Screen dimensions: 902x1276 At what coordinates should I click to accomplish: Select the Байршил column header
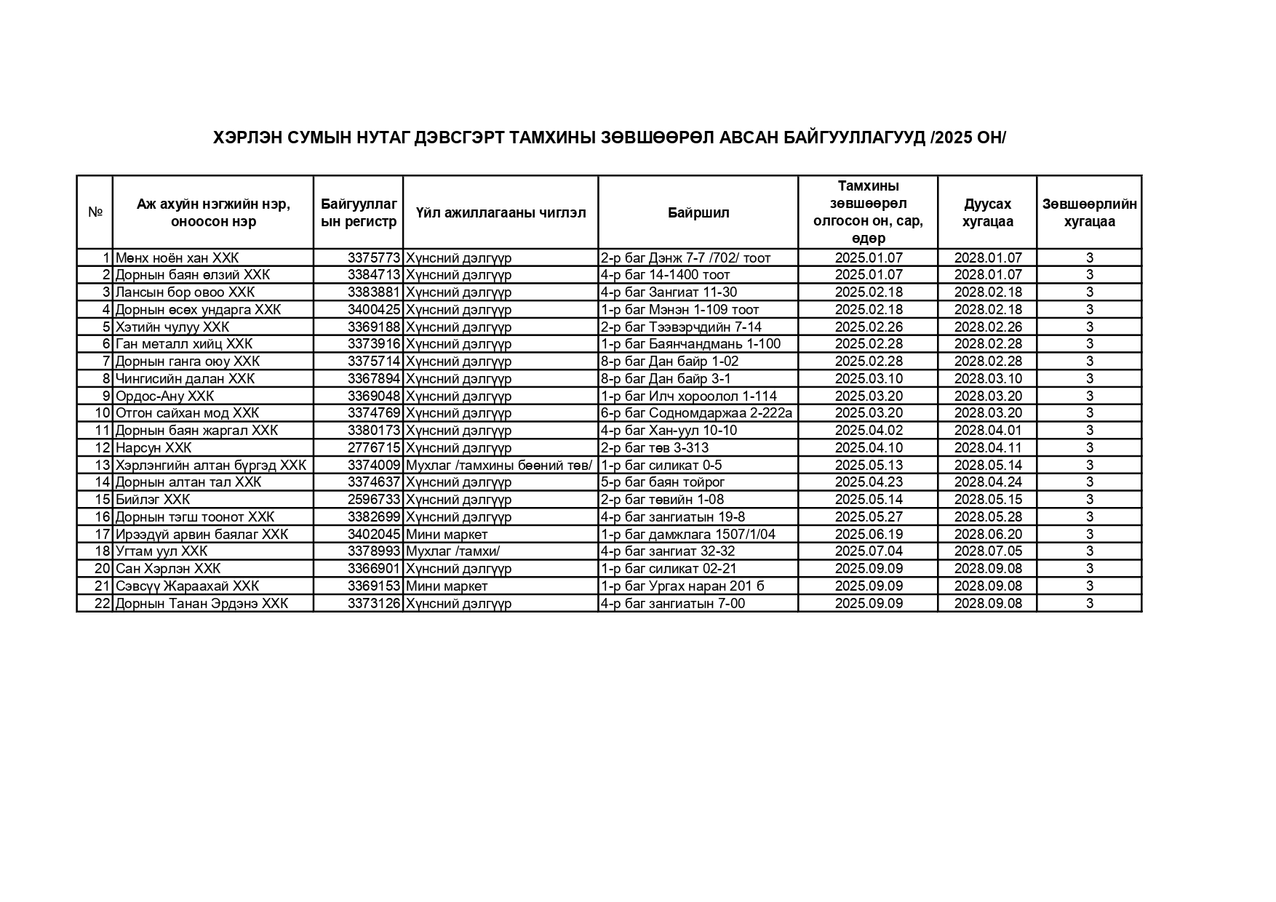(698, 212)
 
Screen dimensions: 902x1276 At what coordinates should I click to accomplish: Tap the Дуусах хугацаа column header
(987, 212)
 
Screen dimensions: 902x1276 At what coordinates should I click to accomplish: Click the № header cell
(95, 212)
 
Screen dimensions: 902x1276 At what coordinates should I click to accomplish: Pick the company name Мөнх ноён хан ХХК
(177, 258)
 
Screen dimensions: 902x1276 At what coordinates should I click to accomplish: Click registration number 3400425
(374, 309)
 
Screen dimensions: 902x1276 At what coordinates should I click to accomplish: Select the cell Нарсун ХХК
(153, 447)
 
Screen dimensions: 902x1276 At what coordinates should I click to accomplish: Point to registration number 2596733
(374, 499)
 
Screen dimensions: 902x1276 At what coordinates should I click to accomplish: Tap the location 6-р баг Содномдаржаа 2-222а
(696, 413)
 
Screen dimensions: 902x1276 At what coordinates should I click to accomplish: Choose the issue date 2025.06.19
(869, 534)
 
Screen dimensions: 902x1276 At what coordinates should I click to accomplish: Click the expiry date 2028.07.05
(988, 551)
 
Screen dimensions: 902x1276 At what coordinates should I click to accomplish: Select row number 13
(103, 465)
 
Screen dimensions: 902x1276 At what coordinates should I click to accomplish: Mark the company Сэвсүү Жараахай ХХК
(187, 586)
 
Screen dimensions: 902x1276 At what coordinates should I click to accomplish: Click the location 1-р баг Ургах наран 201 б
(682, 586)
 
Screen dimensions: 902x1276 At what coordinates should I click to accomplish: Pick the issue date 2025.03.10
(869, 378)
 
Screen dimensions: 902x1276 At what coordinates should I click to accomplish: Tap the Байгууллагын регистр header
(359, 212)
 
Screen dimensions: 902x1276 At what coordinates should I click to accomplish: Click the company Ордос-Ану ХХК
(164, 396)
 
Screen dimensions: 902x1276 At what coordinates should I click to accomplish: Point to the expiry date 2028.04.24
(988, 482)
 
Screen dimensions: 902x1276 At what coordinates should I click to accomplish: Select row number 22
(103, 603)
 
